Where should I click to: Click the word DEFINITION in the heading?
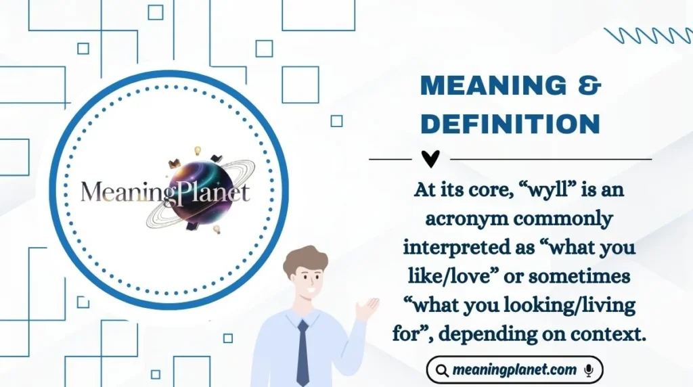pos(510,124)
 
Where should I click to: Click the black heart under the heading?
pos(430,159)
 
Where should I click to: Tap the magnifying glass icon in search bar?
pos(442,370)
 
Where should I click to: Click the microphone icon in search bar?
pos(589,370)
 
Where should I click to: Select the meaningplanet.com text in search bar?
pos(515,370)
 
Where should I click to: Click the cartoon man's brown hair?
pos(305,259)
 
